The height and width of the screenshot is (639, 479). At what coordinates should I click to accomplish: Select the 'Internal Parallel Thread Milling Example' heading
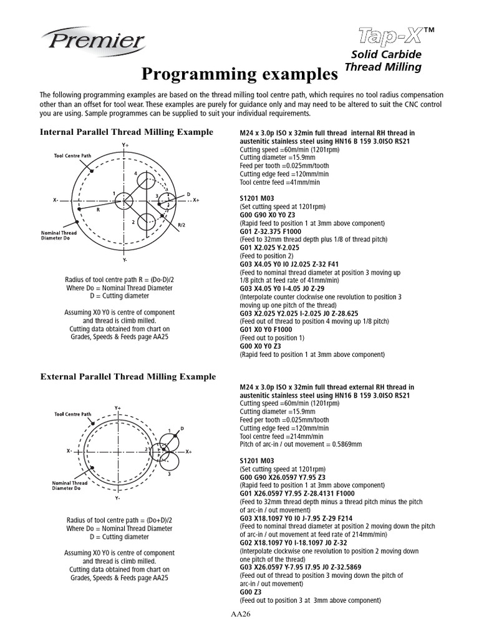coord(127,132)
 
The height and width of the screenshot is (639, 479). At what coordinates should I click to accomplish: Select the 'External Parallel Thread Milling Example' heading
coord(128,376)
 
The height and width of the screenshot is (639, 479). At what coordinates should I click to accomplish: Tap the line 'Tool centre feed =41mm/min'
coord(279,182)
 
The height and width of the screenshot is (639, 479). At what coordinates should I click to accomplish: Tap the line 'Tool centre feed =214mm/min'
coord(281,436)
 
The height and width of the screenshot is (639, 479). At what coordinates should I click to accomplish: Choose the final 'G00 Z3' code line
coord(251,591)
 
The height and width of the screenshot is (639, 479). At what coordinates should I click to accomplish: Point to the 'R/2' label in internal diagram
coord(181,224)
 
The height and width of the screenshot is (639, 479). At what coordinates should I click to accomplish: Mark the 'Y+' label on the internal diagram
coord(125,145)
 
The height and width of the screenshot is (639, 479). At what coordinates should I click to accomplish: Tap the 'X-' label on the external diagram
coord(69,450)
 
